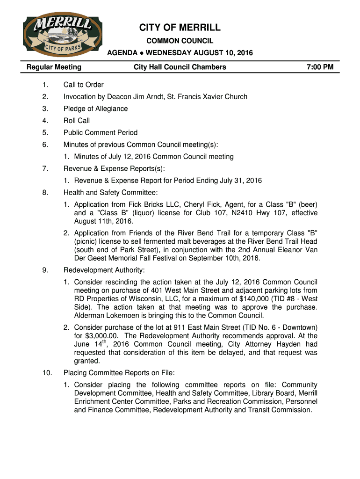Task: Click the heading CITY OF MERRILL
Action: [x=180, y=28]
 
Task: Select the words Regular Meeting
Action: [x=54, y=67]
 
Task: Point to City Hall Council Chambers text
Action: [x=180, y=67]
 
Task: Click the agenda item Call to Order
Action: [x=84, y=85]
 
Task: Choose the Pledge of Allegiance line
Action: [x=95, y=109]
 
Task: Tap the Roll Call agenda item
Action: [x=77, y=121]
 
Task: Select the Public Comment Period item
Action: [x=101, y=133]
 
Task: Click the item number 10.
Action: [x=46, y=373]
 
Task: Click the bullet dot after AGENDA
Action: [x=141, y=53]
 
